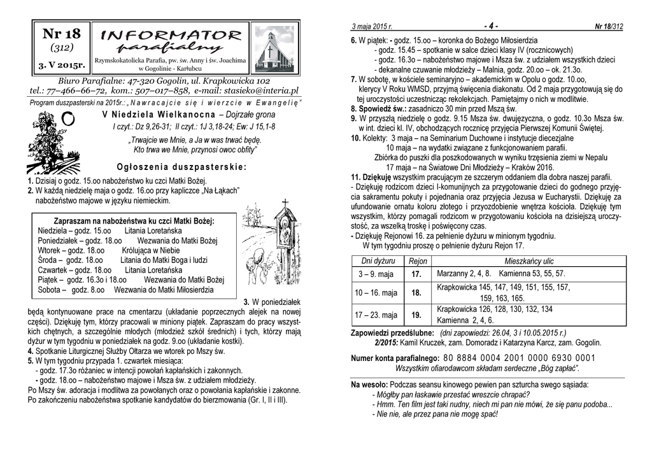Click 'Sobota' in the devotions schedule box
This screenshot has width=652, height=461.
point(49,290)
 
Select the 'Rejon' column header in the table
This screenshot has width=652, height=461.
point(418,262)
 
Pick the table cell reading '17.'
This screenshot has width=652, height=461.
point(416,274)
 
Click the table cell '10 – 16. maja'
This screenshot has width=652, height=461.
point(376,293)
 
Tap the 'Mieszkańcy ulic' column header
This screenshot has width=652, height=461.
point(529,262)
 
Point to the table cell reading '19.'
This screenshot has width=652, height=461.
point(416,315)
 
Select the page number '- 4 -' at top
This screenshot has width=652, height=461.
point(490,26)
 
